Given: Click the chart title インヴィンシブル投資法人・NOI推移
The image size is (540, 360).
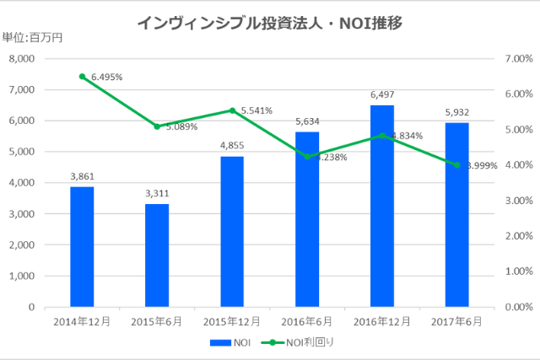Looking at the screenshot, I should pos(269,23).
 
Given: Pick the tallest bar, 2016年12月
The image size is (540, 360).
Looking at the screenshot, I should pos(381,206).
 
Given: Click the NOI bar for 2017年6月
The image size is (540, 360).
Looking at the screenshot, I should pos(456,215).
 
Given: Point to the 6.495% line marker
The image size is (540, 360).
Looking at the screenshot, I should pos(82,77).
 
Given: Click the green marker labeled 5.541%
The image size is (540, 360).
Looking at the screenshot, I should pos(232,110).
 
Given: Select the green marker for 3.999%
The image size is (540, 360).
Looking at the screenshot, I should pos(456,165).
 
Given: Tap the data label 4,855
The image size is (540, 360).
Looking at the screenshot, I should pos(232,146).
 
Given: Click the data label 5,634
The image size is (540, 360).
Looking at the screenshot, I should pos(307,121).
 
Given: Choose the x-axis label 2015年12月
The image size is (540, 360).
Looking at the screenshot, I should pos(232,321).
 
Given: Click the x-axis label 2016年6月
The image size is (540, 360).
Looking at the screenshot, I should pos(307,321).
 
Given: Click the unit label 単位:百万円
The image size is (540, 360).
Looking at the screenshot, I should pos(32,36).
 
